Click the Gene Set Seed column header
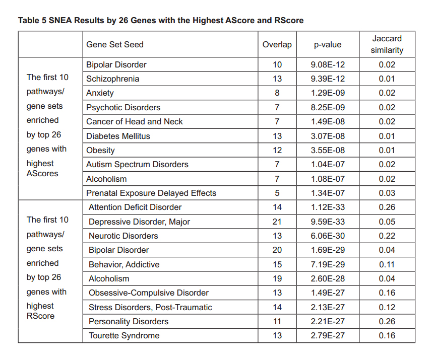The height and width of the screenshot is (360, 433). (115, 45)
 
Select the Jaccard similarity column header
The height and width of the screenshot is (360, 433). (387, 44)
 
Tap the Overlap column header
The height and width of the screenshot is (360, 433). (277, 45)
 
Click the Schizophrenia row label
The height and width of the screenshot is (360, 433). (112, 79)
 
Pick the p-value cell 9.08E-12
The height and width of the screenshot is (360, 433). (328, 64)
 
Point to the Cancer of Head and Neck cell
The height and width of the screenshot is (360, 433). (134, 122)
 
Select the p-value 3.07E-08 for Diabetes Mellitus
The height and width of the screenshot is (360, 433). (328, 136)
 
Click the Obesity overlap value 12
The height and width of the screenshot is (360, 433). (277, 151)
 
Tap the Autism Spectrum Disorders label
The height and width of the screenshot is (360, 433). (137, 165)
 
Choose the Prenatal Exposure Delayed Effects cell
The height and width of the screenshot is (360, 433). (151, 193)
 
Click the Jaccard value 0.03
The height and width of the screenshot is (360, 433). (387, 193)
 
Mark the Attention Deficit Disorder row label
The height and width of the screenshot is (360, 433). (135, 207)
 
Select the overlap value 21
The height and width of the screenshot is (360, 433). (277, 222)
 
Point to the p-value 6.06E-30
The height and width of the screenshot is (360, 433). (328, 236)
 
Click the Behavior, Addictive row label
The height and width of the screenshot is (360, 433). (124, 264)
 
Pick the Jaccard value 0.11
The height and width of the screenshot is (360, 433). (387, 264)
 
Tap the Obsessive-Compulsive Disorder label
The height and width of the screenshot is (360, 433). (148, 293)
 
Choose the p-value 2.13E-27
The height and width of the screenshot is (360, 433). (328, 307)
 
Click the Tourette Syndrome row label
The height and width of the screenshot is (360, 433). (124, 336)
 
